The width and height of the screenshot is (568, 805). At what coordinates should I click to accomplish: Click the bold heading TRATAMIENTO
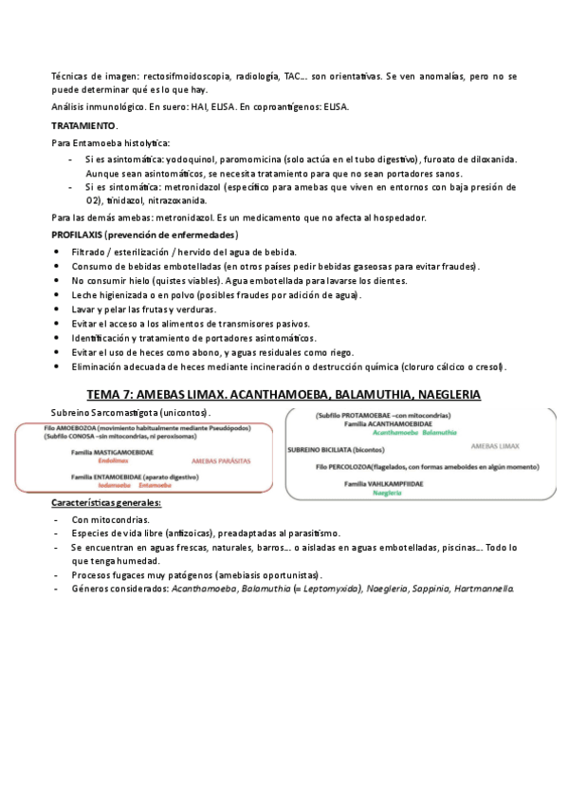pos(83,125)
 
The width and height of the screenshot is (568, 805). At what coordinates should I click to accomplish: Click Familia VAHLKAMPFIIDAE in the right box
pos(383,484)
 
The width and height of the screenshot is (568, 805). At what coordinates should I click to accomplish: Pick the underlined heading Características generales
pos(105,502)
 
